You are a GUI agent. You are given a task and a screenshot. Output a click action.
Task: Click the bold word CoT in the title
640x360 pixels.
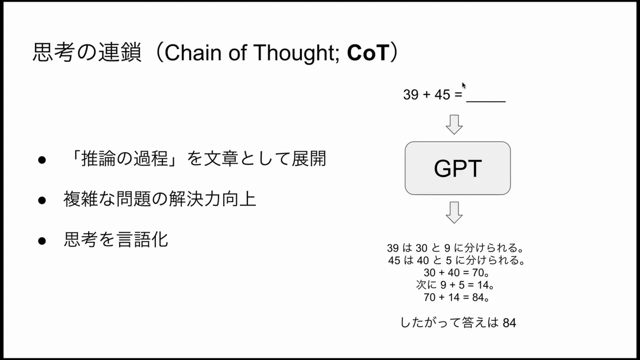tap(367, 53)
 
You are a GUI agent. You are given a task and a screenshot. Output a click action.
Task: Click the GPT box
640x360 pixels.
tap(457, 168)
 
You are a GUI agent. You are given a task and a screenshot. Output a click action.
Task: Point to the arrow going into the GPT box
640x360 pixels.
tap(454, 124)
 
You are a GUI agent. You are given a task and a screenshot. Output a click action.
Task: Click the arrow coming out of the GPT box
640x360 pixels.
tap(454, 212)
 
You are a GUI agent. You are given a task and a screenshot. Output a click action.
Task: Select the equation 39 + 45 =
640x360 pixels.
tap(433, 94)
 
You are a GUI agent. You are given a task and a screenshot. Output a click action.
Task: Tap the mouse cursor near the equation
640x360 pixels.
tap(464, 85)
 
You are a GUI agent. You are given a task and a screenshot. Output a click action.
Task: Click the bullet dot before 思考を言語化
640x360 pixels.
tap(42, 241)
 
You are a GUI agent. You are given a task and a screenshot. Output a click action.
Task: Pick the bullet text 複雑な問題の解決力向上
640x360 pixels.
tap(159, 199)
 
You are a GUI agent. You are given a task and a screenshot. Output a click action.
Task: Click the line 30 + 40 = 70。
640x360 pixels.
tap(455, 273)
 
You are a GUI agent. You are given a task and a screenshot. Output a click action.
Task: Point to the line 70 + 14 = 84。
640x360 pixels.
tap(455, 298)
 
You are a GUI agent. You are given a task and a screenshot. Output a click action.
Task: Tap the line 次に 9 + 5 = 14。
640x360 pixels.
tap(455, 285)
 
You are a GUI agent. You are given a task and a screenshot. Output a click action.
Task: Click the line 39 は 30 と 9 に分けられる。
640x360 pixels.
tap(455, 248)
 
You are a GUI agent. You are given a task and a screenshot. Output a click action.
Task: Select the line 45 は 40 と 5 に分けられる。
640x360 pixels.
tap(455, 260)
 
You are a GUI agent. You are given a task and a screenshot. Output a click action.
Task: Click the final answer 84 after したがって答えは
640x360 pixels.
tap(509, 323)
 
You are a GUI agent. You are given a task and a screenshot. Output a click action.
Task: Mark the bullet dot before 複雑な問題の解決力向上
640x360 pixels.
tap(42, 200)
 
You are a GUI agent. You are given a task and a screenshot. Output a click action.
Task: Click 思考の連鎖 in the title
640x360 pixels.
tap(87, 53)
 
